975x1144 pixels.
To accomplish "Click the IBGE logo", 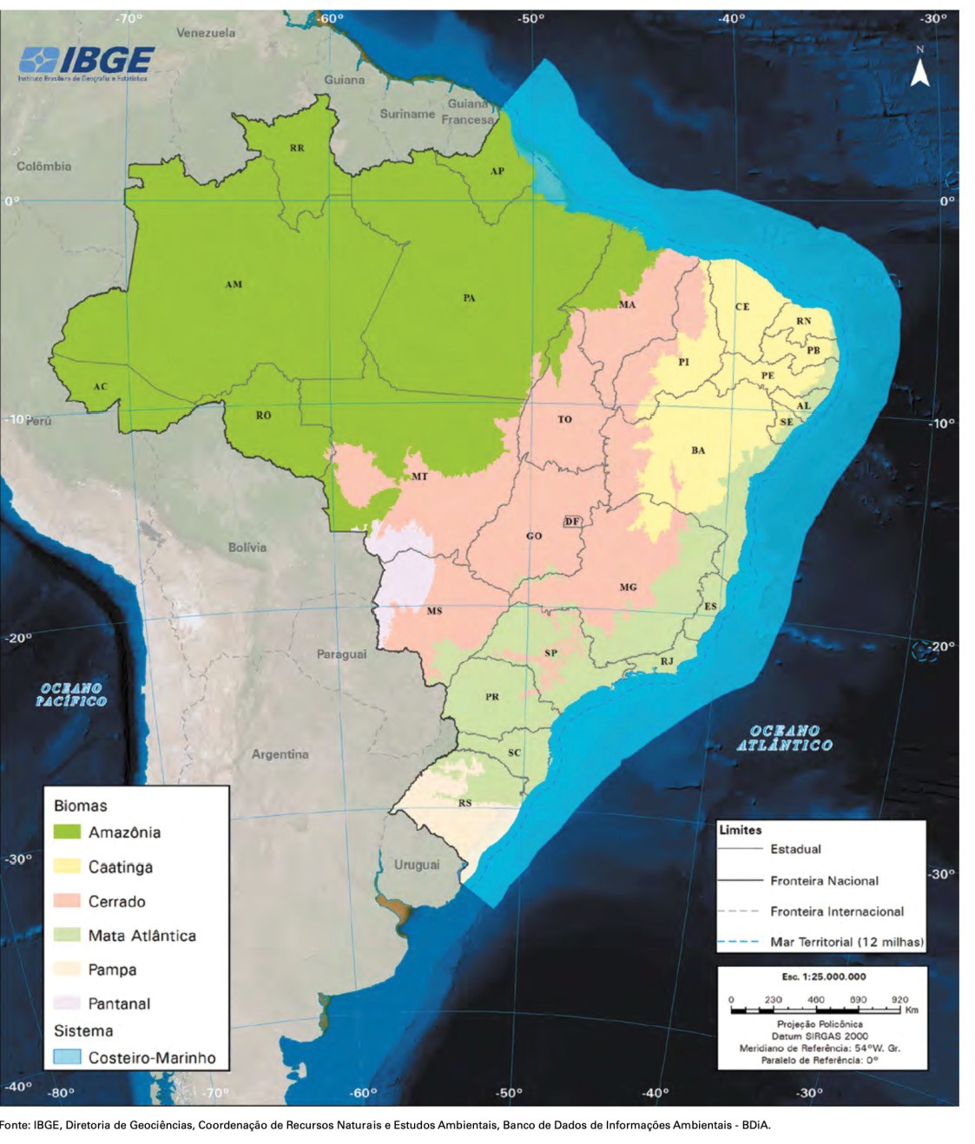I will pos(86,62).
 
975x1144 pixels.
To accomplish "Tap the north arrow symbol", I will pos(919,71).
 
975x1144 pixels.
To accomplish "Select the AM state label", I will pos(234,285).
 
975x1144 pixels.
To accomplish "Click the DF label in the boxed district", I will pos(571,522).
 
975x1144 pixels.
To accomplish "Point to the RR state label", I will pos(297,148).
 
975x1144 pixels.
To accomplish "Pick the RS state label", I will pos(465,803).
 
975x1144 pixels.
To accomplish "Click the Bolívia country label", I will pos(247,548).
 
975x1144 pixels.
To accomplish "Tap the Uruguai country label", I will pos(417,865).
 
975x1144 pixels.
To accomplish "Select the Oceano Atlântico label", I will pos(784,738).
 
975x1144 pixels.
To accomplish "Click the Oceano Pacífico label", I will pos(71,694).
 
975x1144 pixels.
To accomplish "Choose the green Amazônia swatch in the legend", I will pos(67,832).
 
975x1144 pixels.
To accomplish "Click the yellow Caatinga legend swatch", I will pos(67,866).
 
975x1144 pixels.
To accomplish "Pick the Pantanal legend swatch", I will pos(67,1003).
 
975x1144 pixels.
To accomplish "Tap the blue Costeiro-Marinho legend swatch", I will pos(67,1057).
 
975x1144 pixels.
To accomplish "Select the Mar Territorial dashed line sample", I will pos(739,942).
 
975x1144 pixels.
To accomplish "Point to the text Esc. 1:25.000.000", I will pos(823,976).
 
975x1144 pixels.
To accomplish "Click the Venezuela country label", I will pos(206,33).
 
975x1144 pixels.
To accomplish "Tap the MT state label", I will pos(419,477).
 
